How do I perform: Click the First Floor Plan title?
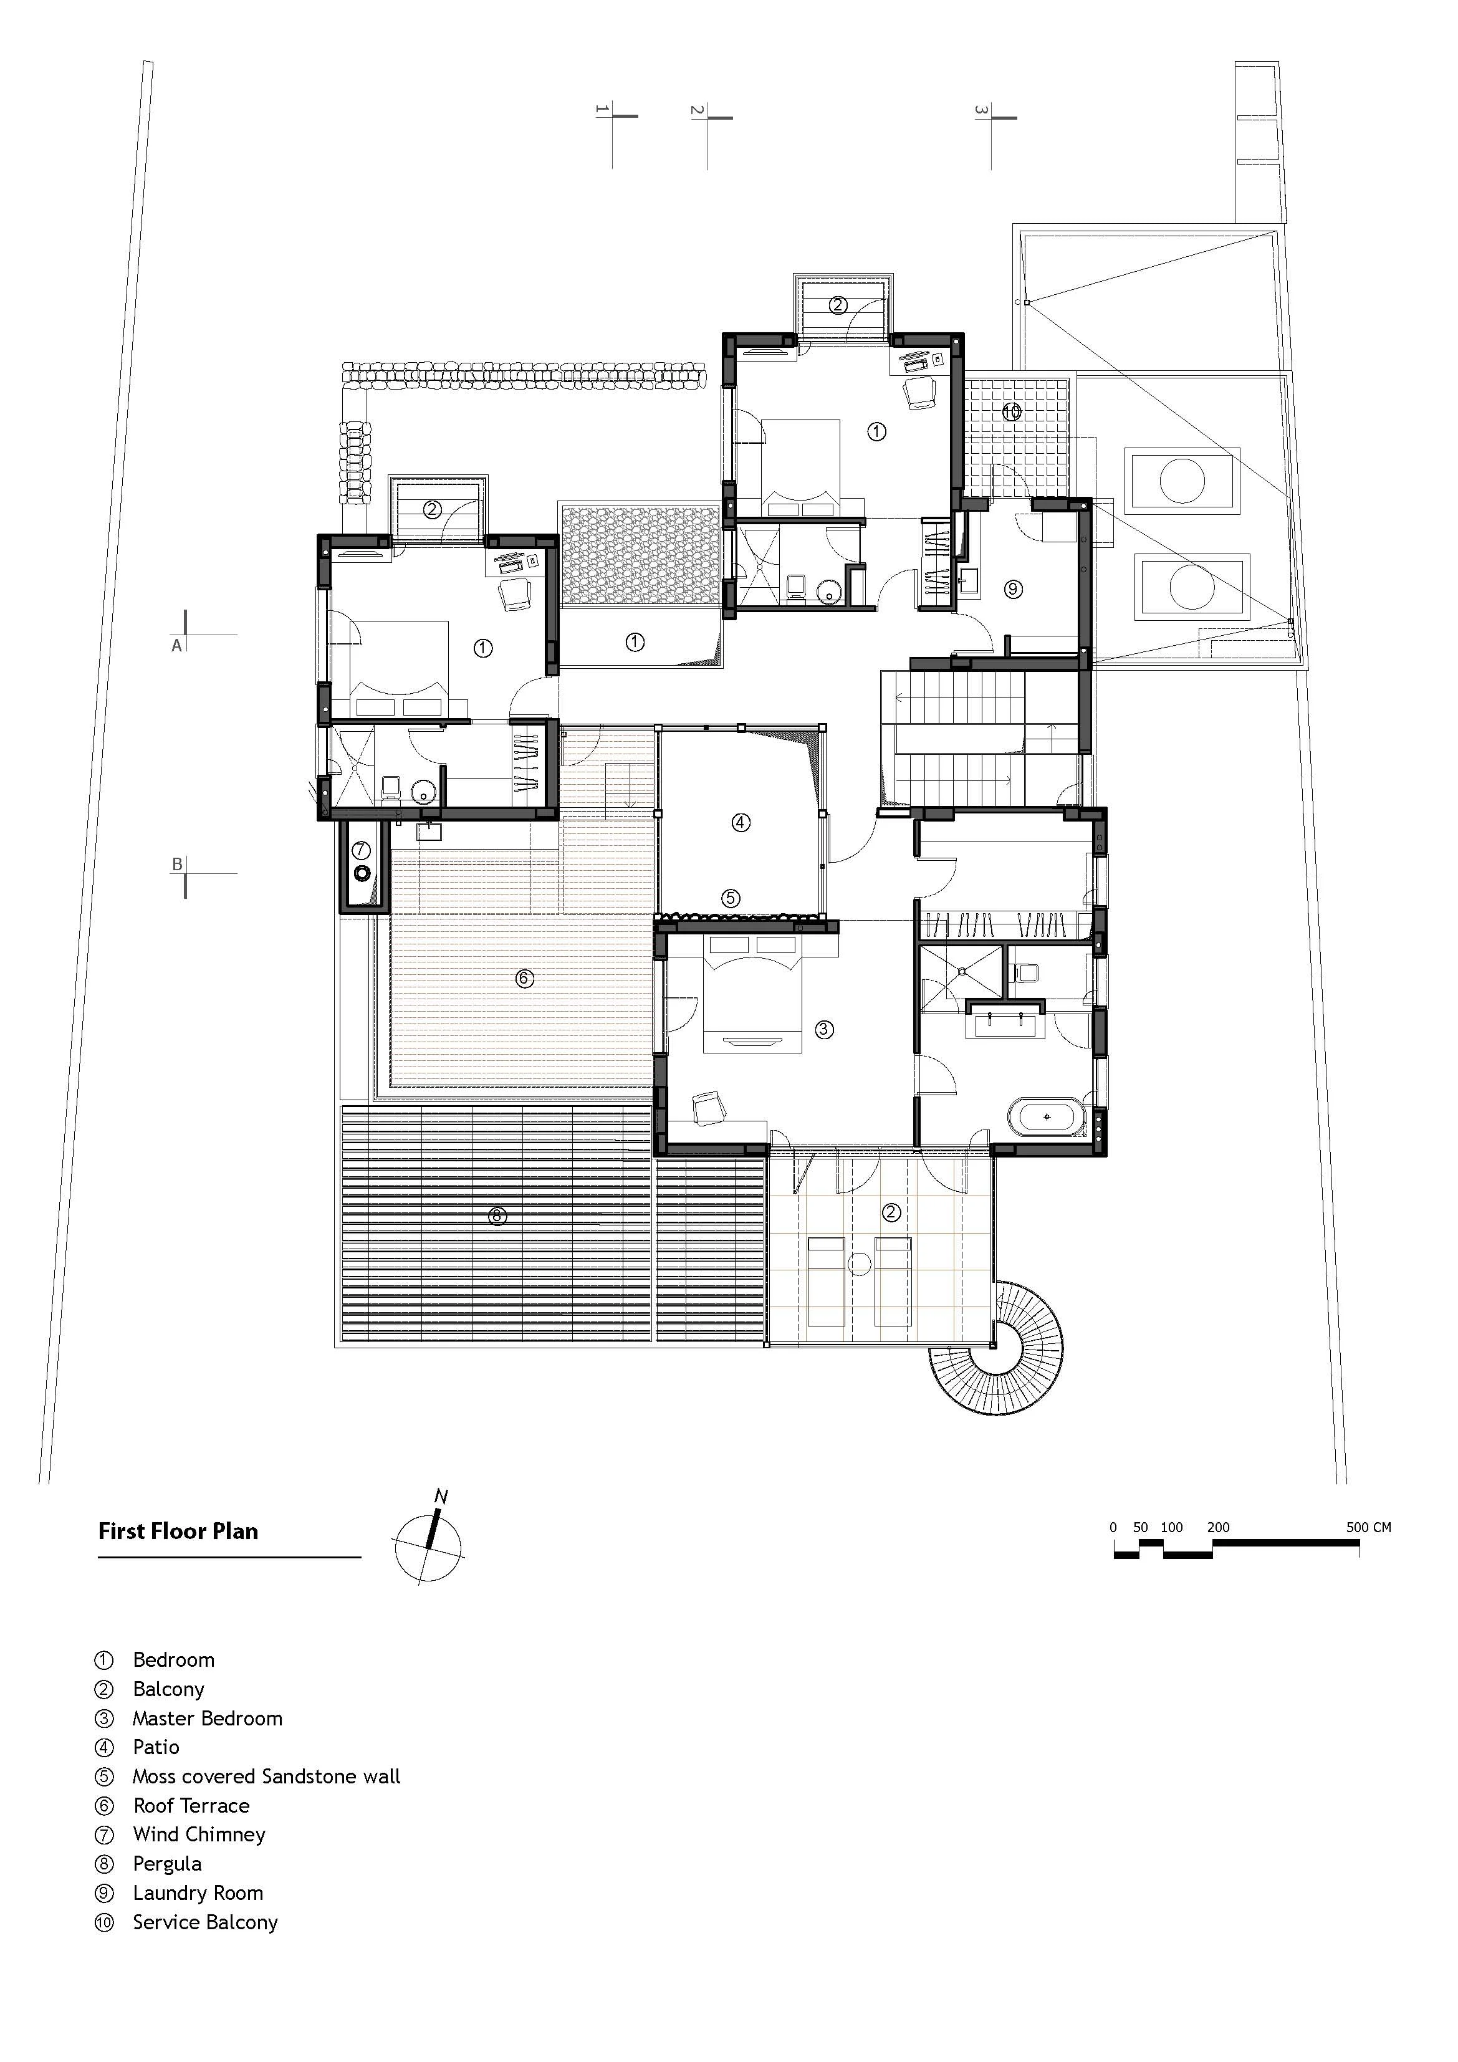pos(178,1532)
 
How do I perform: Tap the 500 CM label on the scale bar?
pos(1368,1527)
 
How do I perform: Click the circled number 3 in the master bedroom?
pos(824,1030)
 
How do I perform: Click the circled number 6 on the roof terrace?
pos(525,978)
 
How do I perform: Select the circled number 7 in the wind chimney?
pos(360,849)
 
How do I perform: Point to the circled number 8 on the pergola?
pos(497,1216)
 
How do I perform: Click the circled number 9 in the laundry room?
pos(1014,589)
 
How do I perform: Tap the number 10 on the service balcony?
pos(1012,412)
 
